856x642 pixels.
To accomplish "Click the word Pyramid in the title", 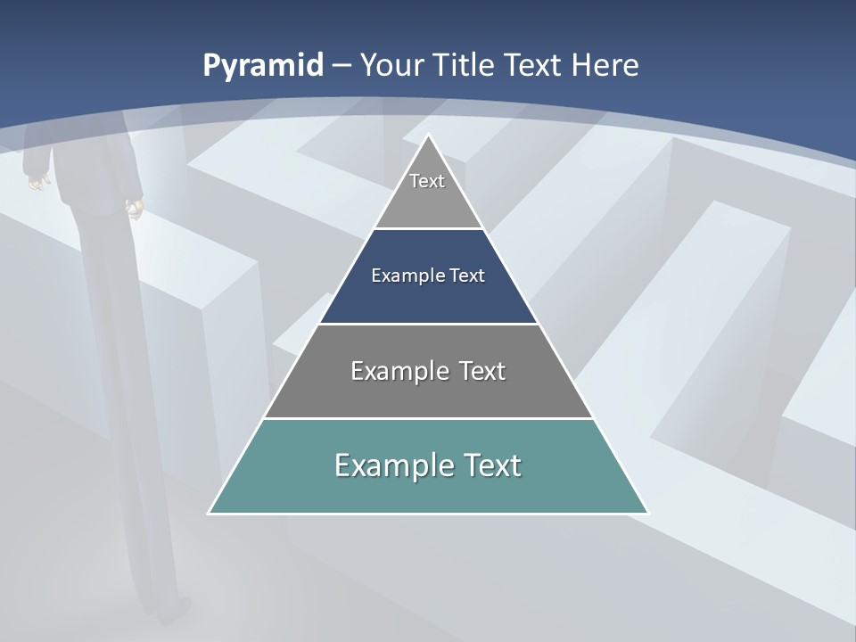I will coord(262,66).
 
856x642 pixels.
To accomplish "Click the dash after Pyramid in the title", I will coord(341,66).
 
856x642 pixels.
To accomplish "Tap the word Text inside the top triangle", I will coord(427,181).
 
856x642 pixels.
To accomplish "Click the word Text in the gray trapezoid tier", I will coord(482,371).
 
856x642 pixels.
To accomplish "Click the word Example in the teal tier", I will coord(392,465).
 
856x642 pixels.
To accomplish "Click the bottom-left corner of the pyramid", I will coord(210,513).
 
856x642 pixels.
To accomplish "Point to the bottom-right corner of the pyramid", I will coord(647,513).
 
